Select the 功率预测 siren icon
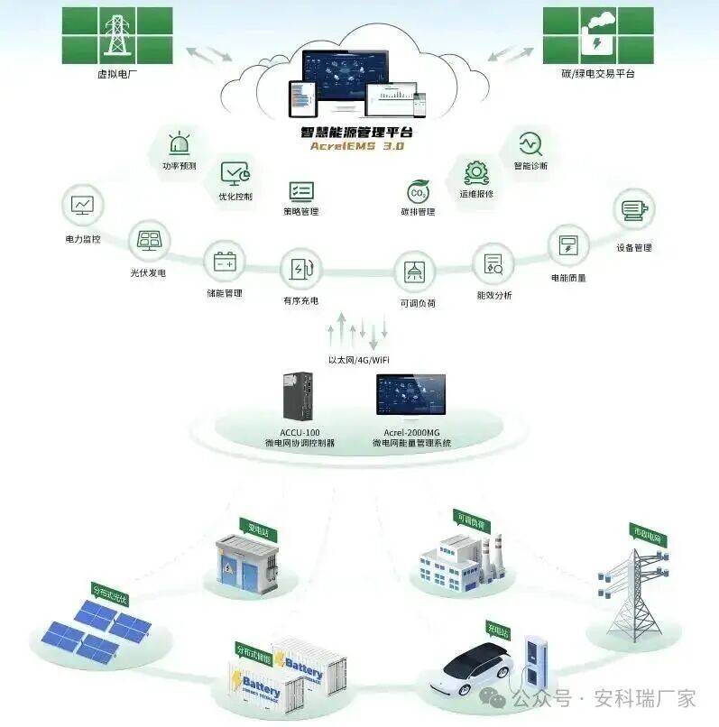pyautogui.click(x=179, y=143)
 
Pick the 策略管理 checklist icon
pyautogui.click(x=300, y=190)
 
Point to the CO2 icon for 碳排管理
pyautogui.click(x=418, y=191)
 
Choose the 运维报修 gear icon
pyautogui.click(x=476, y=171)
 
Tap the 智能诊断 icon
pyautogui.click(x=530, y=143)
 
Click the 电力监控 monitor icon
pyautogui.click(x=82, y=205)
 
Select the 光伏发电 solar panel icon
pyautogui.click(x=148, y=239)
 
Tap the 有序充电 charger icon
pyautogui.click(x=300, y=268)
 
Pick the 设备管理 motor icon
pyautogui.click(x=633, y=210)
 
